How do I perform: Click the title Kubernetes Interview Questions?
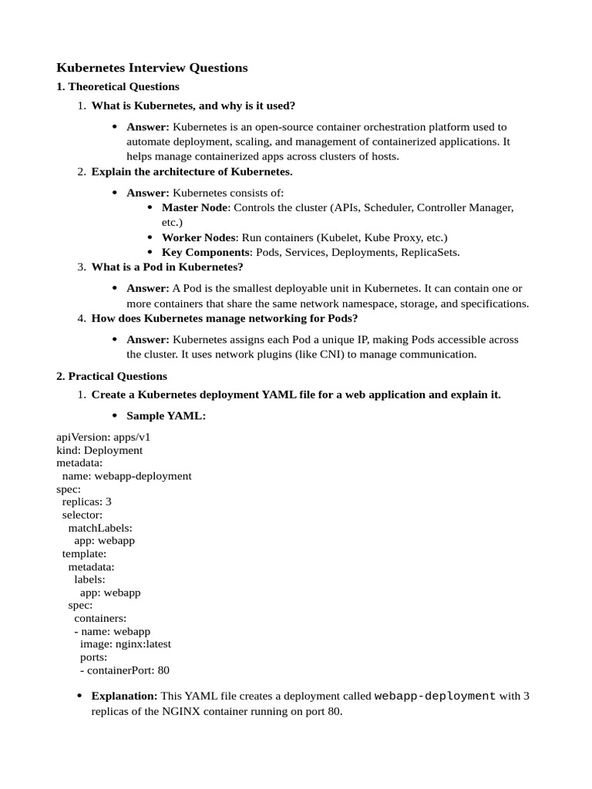pos(152,68)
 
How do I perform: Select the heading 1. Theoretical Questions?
pos(118,86)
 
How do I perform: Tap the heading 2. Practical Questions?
pos(112,376)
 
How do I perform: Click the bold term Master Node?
pos(194,207)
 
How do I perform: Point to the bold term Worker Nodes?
pos(199,237)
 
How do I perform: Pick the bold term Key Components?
pos(206,252)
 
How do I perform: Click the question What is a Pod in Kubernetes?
pos(167,267)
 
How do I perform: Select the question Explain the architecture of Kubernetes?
pos(192,171)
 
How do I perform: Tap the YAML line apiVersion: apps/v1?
pos(103,436)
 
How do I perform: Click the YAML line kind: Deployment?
pos(99,450)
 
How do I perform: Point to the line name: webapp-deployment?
pos(127,475)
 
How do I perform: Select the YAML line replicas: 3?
pos(87,501)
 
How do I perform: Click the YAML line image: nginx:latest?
pos(126,643)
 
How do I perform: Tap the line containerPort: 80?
pos(125,670)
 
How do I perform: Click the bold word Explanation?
pos(124,696)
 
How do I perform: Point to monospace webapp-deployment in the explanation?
pos(435,696)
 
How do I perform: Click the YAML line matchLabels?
pos(100,528)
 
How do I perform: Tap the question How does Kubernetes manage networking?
pos(224,318)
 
